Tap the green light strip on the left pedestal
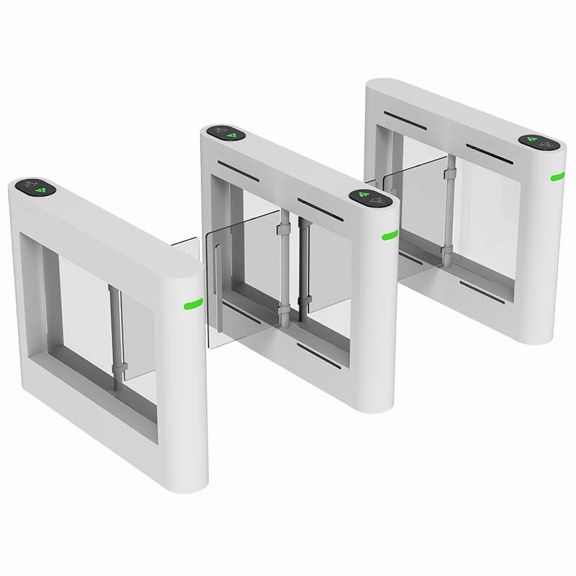pyautogui.click(x=192, y=302)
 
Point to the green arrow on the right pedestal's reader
pyautogui.click(x=536, y=140)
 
